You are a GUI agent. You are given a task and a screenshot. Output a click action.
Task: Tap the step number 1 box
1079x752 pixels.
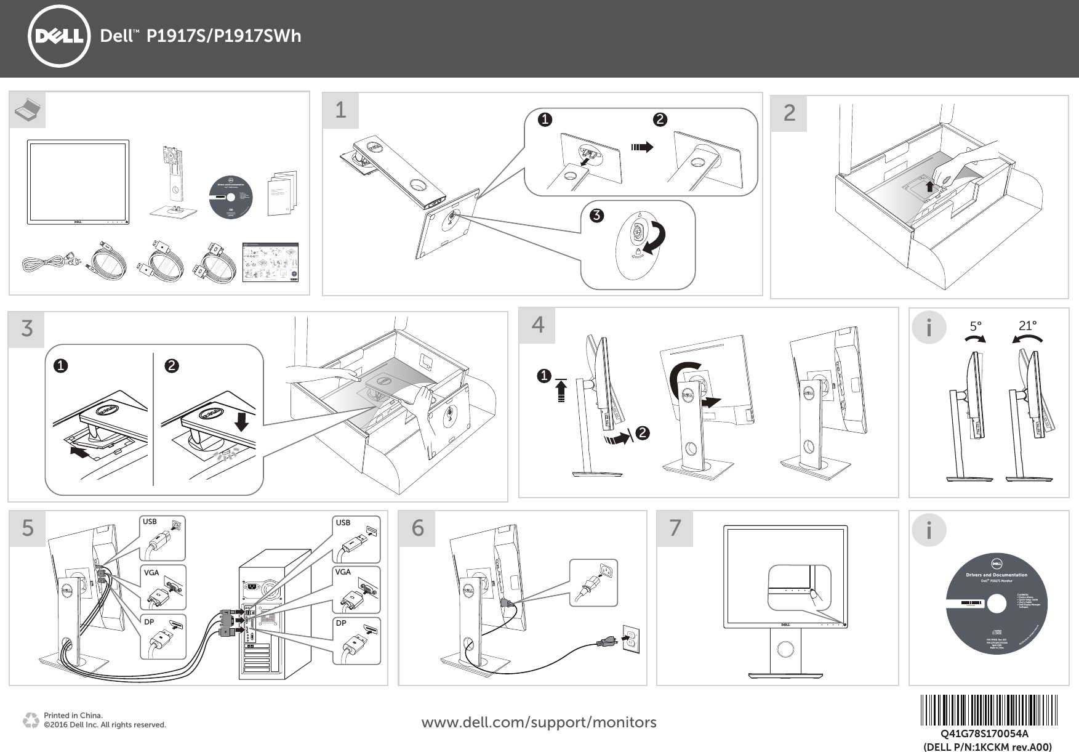click(x=340, y=111)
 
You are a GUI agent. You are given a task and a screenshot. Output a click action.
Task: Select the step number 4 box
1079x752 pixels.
click(x=537, y=325)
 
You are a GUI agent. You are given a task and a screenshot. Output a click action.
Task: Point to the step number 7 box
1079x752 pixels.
click(x=675, y=528)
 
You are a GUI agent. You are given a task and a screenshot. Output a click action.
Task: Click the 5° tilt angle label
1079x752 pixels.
click(x=976, y=327)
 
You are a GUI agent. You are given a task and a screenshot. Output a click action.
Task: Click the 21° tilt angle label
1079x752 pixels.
click(x=1027, y=326)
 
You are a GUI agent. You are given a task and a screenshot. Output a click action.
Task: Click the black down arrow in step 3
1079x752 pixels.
click(x=242, y=422)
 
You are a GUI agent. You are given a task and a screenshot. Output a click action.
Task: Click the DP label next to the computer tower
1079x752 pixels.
click(x=340, y=623)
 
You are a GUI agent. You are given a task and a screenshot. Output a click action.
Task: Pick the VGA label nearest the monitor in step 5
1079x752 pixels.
click(x=151, y=573)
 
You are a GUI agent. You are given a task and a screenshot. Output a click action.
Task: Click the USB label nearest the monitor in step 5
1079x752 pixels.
click(x=150, y=522)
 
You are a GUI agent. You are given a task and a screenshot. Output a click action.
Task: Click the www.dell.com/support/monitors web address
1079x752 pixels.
click(x=539, y=722)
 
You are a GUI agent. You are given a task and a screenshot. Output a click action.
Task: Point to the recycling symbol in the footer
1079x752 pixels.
click(x=30, y=720)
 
